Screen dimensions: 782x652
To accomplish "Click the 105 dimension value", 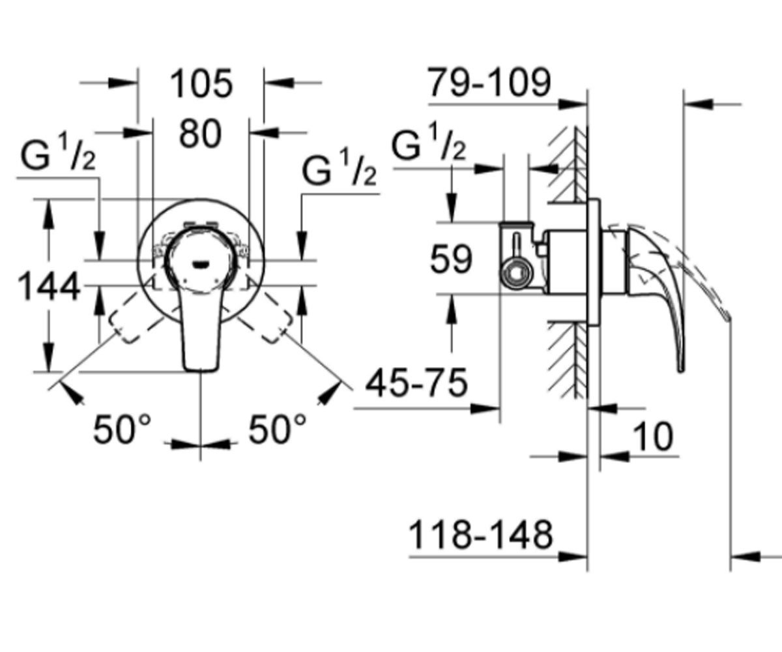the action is (x=201, y=84).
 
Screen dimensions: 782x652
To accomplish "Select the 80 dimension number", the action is (x=200, y=134).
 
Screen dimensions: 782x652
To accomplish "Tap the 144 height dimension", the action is (x=49, y=287).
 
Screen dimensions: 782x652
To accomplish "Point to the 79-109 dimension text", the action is (x=489, y=82).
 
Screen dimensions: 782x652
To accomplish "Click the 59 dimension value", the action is (x=452, y=259).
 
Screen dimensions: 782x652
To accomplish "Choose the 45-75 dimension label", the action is (x=416, y=383).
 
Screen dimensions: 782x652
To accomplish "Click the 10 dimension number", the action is (x=653, y=437).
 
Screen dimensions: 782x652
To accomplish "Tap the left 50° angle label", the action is (x=122, y=429).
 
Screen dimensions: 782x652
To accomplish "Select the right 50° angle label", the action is (x=278, y=429).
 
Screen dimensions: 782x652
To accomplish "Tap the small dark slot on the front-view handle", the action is (x=201, y=265).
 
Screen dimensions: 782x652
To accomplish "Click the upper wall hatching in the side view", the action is (x=568, y=165).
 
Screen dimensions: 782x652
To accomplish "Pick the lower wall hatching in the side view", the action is (x=568, y=361).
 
